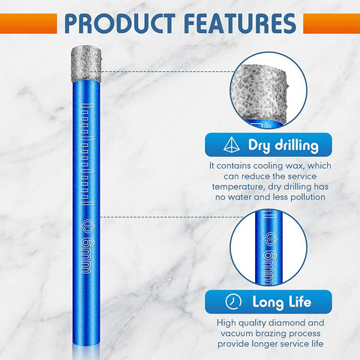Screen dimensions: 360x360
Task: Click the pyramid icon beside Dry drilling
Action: (x=229, y=145)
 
